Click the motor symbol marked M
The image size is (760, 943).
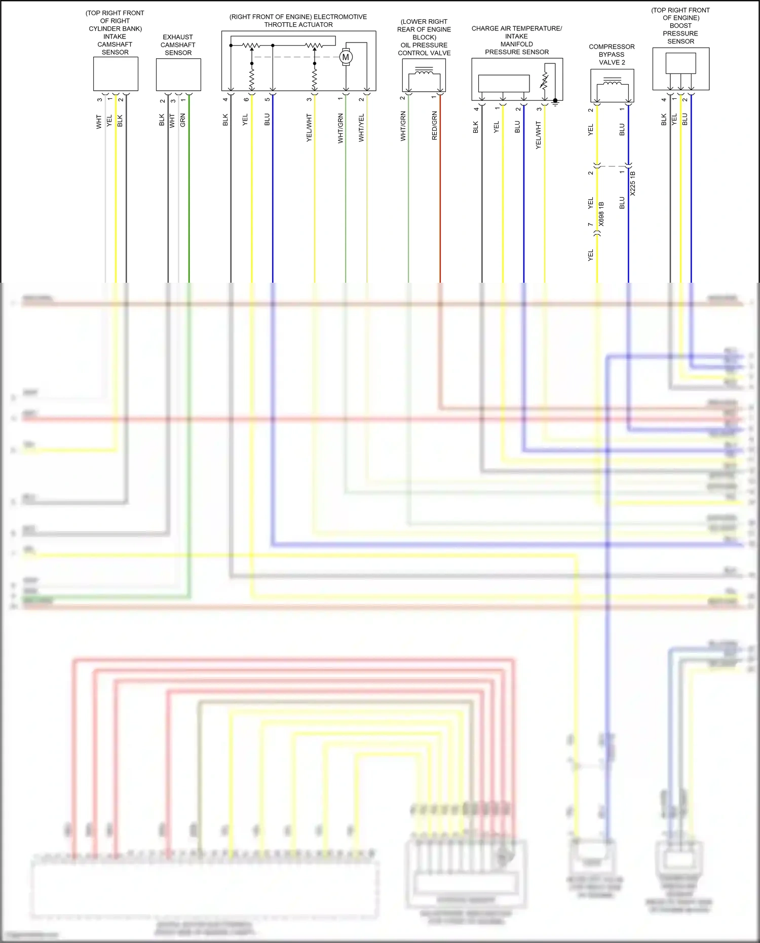coord(346,57)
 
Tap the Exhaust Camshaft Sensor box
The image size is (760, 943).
coord(178,74)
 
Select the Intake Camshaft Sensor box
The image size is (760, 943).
coord(116,74)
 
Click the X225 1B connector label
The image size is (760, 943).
coord(633,183)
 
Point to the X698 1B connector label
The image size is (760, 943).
coord(601,214)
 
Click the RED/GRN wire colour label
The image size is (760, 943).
coord(435,126)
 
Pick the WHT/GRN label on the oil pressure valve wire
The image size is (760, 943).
coord(403,126)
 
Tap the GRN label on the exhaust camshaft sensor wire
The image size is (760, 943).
coord(183,120)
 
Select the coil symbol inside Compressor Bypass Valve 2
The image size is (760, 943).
coord(613,82)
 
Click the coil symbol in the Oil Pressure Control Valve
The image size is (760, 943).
coord(424,72)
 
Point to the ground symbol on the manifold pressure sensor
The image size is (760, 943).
coord(555,102)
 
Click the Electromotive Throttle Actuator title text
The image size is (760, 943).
coord(298,21)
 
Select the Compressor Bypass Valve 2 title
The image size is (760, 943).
coord(612,54)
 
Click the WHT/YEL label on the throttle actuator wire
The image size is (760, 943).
coord(361,128)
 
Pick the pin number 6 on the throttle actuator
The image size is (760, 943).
coord(246,99)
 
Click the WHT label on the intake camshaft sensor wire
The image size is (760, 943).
coord(99,122)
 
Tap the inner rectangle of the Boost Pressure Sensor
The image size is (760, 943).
coord(680,63)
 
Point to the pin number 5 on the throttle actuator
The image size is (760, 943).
coord(268,99)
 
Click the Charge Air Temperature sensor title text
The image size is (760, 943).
coord(516,40)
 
